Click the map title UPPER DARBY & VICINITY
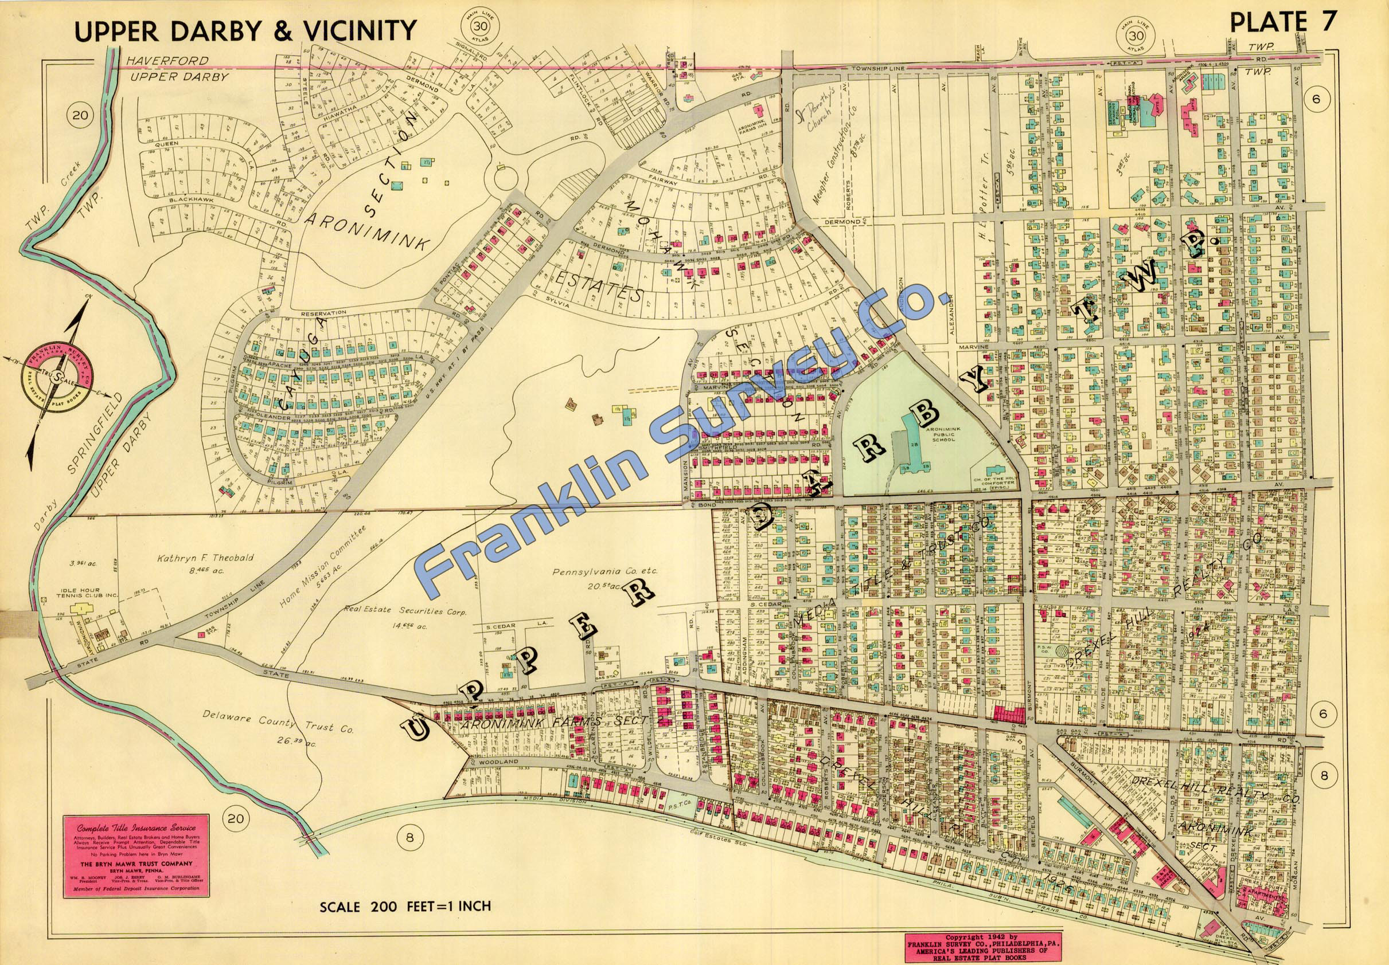click(245, 31)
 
